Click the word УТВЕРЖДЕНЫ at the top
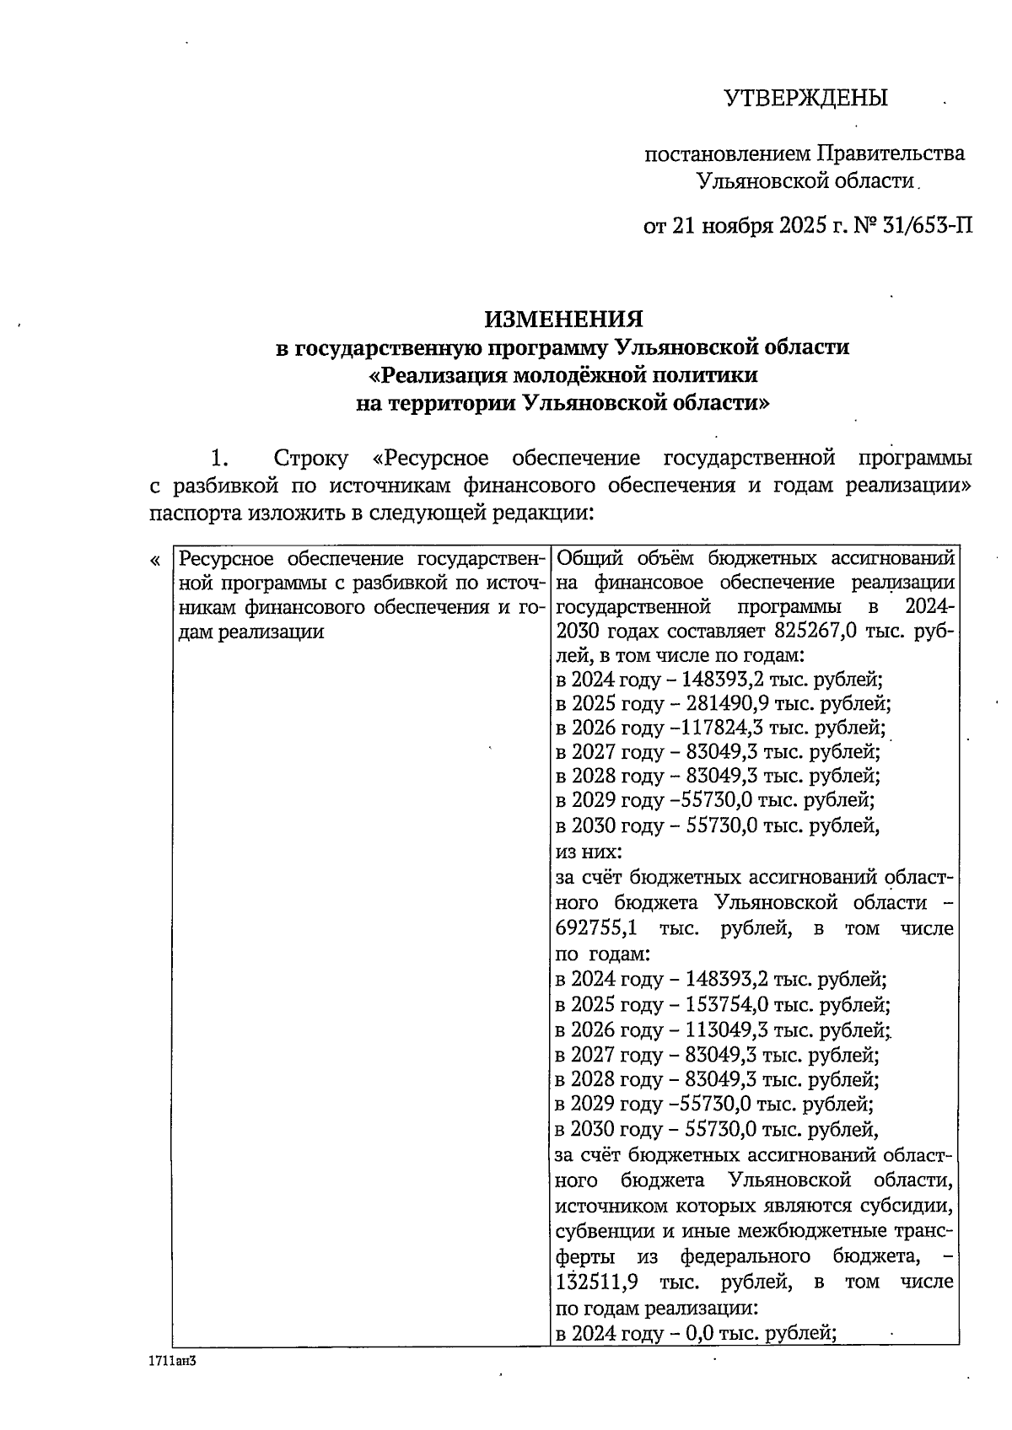coord(806,99)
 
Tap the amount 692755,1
coord(597,929)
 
